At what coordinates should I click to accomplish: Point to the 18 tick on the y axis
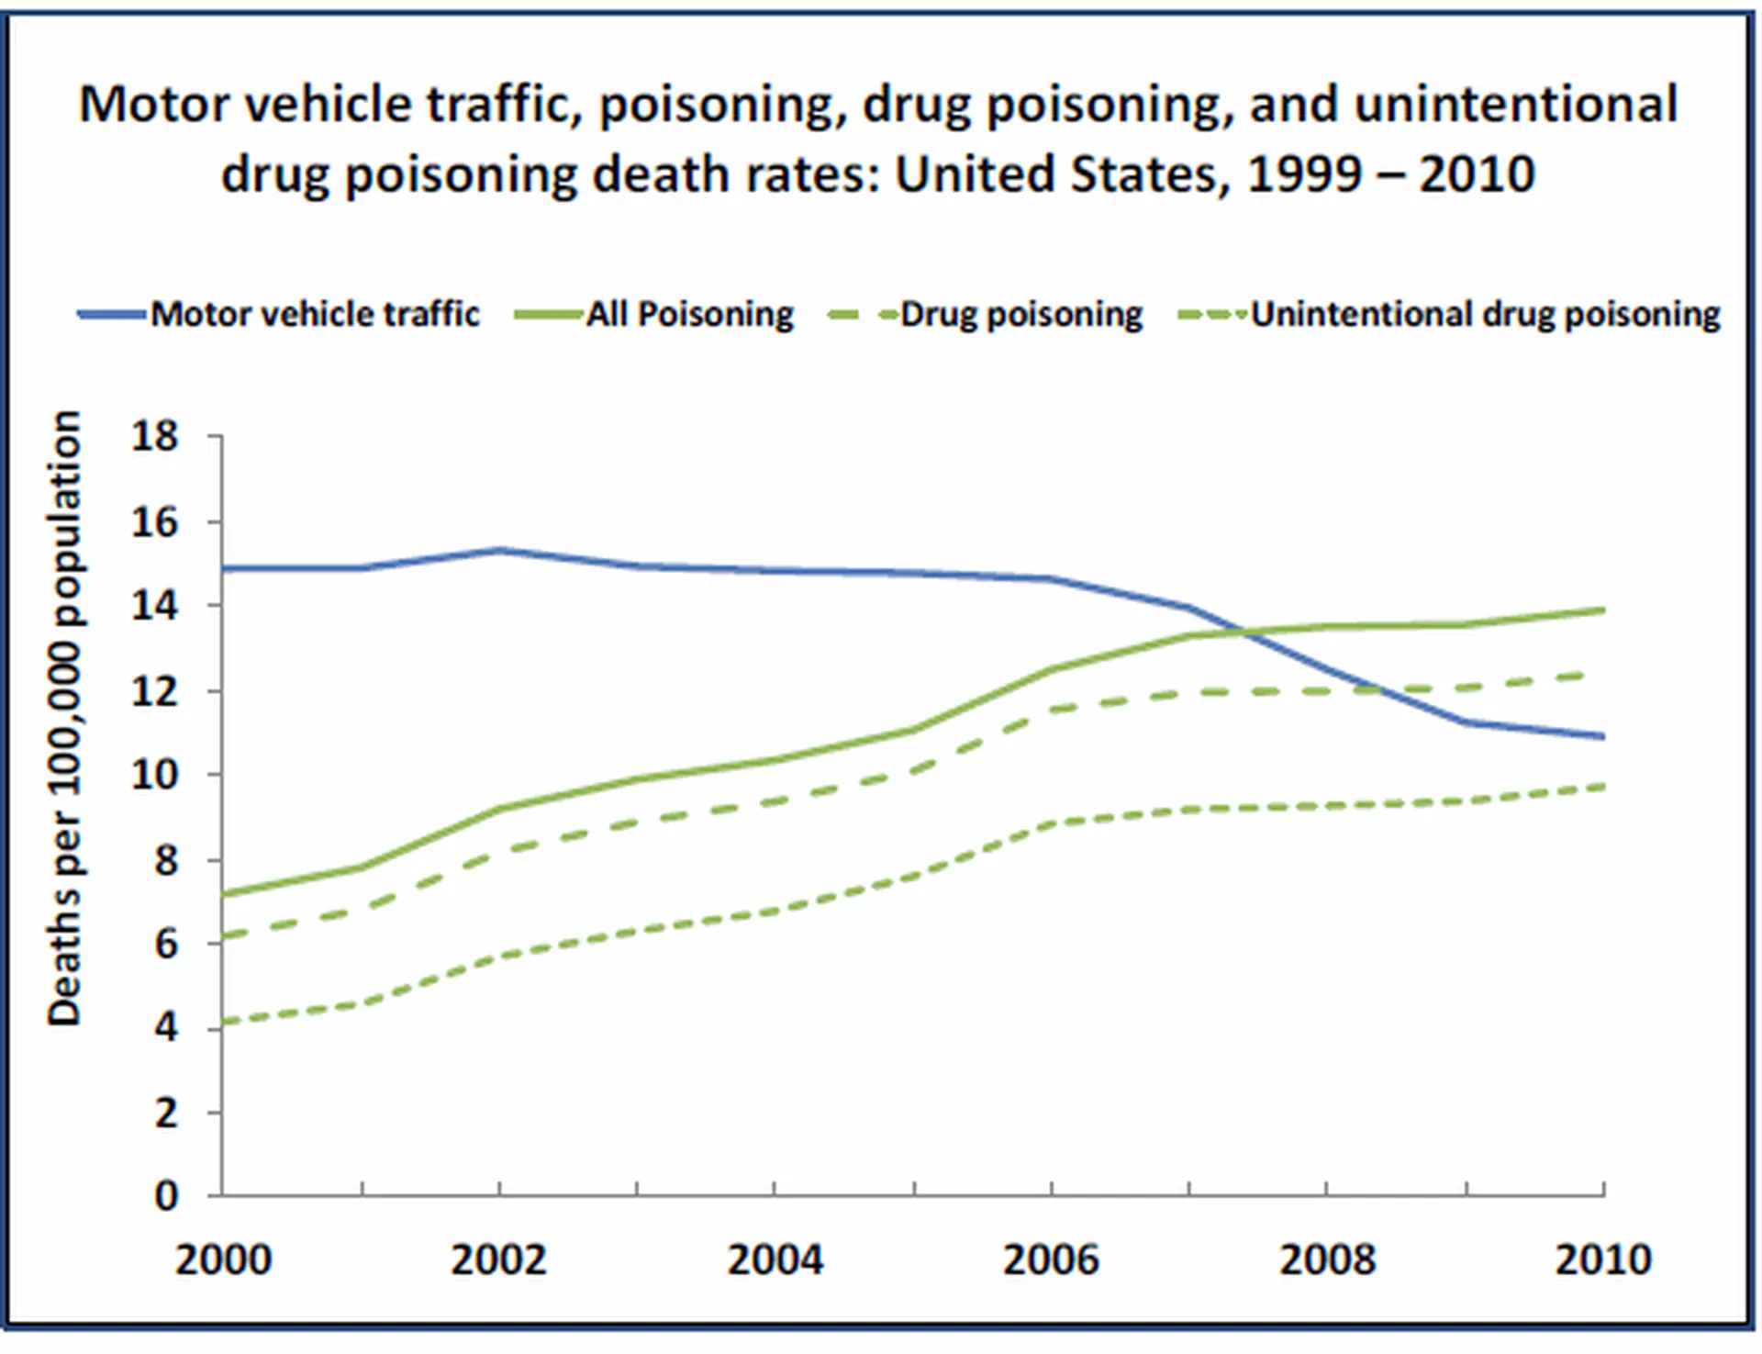click(x=154, y=436)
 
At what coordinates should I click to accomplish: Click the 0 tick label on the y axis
click(x=166, y=1196)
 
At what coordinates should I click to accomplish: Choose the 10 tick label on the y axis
click(x=154, y=775)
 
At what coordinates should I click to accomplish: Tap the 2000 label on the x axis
click(x=223, y=1259)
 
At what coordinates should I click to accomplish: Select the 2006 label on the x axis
click(x=1051, y=1259)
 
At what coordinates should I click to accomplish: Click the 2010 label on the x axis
click(x=1602, y=1259)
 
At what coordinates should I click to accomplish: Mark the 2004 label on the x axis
click(x=775, y=1259)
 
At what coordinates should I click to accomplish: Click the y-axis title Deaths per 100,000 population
click(x=64, y=718)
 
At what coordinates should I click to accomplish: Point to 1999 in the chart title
click(x=1304, y=174)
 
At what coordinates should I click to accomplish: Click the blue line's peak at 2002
click(x=499, y=550)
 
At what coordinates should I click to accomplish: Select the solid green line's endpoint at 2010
click(x=1602, y=610)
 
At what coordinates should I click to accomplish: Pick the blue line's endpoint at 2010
click(x=1602, y=736)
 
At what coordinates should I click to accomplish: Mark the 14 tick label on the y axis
click(x=154, y=606)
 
